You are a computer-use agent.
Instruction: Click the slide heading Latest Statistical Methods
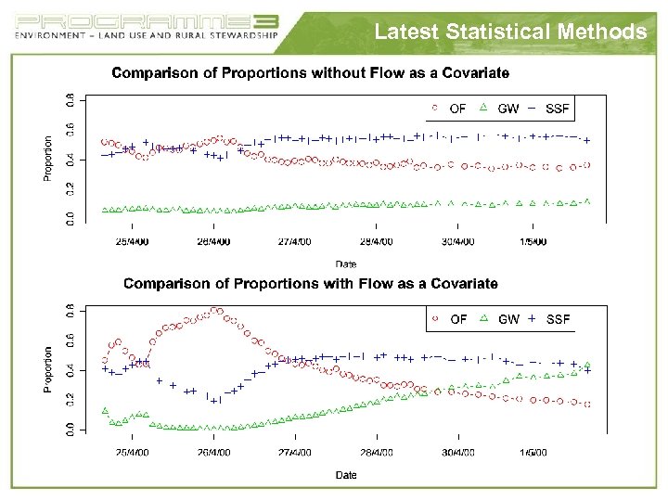point(510,32)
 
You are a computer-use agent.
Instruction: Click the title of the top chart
point(310,72)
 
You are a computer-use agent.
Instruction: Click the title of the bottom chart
point(310,283)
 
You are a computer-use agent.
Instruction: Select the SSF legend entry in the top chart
point(549,109)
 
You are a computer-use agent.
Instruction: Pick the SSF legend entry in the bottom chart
point(549,319)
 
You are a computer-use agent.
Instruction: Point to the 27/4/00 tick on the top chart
point(295,242)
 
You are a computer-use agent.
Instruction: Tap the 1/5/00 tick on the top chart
point(533,242)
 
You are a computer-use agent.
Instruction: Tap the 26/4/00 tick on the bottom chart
point(214,453)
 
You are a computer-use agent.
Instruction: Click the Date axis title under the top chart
point(345,263)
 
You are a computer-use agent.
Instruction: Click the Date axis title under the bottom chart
point(345,475)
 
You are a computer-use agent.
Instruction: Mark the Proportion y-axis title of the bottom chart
point(49,368)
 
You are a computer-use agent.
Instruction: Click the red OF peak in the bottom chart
point(215,310)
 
